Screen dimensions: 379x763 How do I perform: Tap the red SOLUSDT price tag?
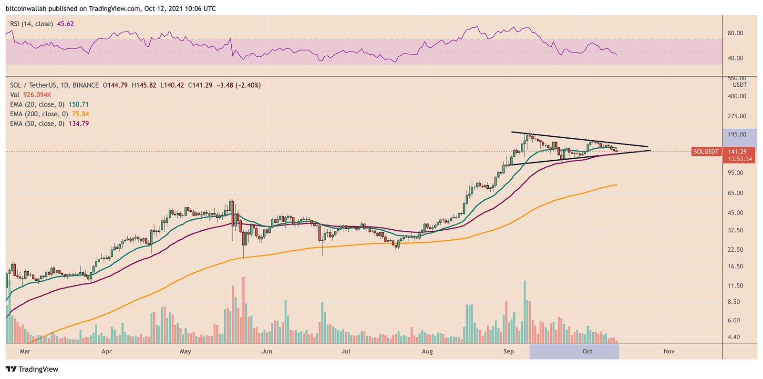click(706, 152)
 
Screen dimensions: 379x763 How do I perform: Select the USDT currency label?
click(740, 85)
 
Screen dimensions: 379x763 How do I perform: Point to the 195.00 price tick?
click(737, 134)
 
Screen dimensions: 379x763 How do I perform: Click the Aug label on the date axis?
click(427, 351)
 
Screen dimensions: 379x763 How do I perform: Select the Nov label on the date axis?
click(669, 351)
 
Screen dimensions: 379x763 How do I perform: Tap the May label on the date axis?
click(186, 351)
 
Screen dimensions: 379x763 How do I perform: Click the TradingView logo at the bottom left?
click(32, 369)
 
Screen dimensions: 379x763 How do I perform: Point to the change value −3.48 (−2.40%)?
click(239, 85)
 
